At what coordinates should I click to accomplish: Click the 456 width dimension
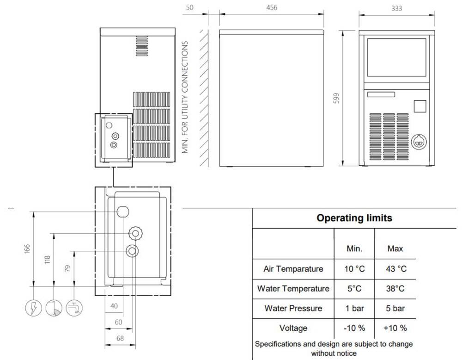(x=271, y=7)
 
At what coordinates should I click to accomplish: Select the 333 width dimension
(x=396, y=8)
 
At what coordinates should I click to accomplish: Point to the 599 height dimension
(x=336, y=98)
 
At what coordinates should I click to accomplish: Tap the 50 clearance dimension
(x=190, y=7)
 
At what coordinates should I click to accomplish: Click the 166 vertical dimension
(x=27, y=248)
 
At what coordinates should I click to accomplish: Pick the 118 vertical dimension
(x=47, y=260)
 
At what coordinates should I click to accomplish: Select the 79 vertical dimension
(x=67, y=268)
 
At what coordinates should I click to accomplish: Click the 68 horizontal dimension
(x=120, y=338)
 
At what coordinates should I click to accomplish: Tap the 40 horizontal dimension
(x=114, y=306)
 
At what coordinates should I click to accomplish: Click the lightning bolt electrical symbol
(x=33, y=308)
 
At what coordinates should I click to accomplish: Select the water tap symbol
(x=73, y=308)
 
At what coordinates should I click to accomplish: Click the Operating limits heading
(x=354, y=218)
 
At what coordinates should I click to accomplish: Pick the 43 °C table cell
(x=396, y=269)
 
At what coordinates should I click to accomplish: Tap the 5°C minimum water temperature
(x=354, y=288)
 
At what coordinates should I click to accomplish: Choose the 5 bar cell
(x=395, y=308)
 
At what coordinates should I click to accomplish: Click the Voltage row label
(x=293, y=328)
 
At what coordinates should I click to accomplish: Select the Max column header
(x=395, y=248)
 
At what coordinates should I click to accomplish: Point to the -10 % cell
(x=354, y=328)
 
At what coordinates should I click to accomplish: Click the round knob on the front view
(x=419, y=142)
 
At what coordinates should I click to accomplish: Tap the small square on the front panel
(x=420, y=106)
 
